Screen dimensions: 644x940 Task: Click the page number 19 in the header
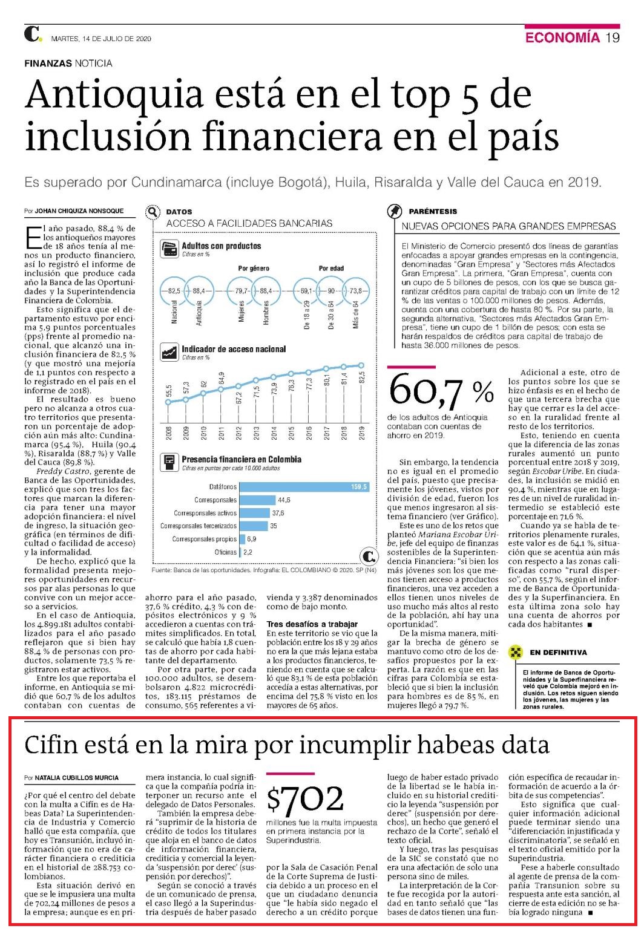click(613, 38)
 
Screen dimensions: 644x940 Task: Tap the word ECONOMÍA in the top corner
click(562, 38)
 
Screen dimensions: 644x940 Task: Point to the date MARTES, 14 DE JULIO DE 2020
click(100, 39)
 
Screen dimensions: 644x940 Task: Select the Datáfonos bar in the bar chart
click(304, 487)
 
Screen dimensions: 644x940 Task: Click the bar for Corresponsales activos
click(254, 513)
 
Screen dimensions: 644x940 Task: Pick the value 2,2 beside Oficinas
click(248, 552)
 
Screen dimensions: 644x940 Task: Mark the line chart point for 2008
click(168, 402)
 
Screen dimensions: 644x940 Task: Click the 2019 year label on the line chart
click(362, 432)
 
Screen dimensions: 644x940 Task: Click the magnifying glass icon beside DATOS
click(153, 212)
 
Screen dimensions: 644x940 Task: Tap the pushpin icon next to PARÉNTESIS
click(394, 211)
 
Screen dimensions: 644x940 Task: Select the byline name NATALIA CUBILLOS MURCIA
click(76, 778)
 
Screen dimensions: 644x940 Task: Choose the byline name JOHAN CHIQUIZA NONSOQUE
click(79, 211)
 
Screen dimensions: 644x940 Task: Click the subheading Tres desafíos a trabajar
click(312, 624)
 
